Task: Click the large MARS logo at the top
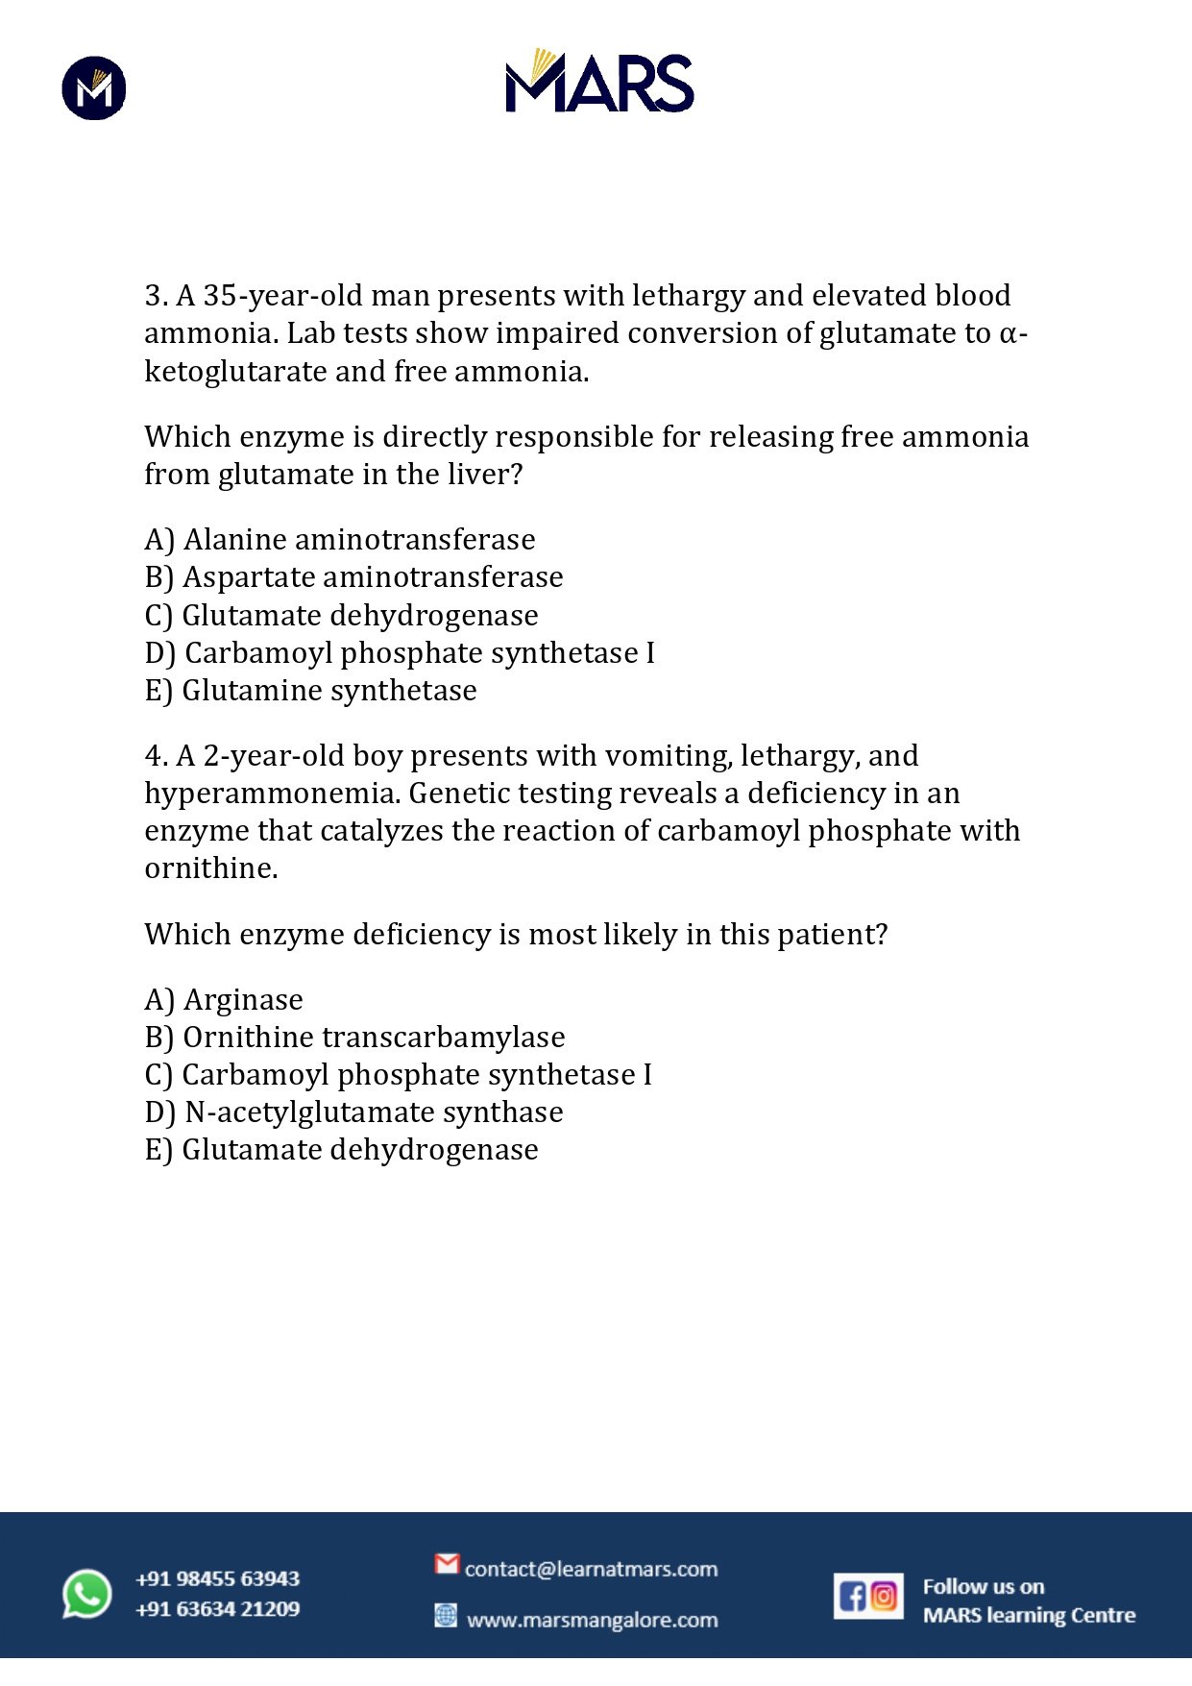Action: click(x=599, y=82)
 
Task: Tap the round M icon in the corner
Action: click(x=94, y=88)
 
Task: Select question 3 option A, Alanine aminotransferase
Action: click(x=340, y=540)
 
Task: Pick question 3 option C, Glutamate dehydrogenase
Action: click(x=341, y=616)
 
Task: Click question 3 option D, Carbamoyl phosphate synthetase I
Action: click(x=400, y=653)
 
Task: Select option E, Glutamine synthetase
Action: click(x=310, y=691)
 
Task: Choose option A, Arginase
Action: click(x=224, y=1000)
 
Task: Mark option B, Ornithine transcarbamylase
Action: click(x=354, y=1038)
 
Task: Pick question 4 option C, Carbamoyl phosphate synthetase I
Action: click(x=398, y=1075)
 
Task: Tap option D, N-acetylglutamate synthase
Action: click(x=353, y=1112)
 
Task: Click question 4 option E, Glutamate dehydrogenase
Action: click(x=341, y=1150)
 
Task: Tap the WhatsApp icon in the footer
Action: click(x=87, y=1594)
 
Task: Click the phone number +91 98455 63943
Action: click(x=218, y=1578)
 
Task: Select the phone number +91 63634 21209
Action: click(x=218, y=1609)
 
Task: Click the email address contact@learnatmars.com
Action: click(x=591, y=1569)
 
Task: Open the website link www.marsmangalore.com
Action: click(x=592, y=1620)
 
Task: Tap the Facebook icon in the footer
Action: click(x=852, y=1597)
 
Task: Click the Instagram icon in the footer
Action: click(x=885, y=1597)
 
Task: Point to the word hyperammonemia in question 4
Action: click(x=273, y=794)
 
